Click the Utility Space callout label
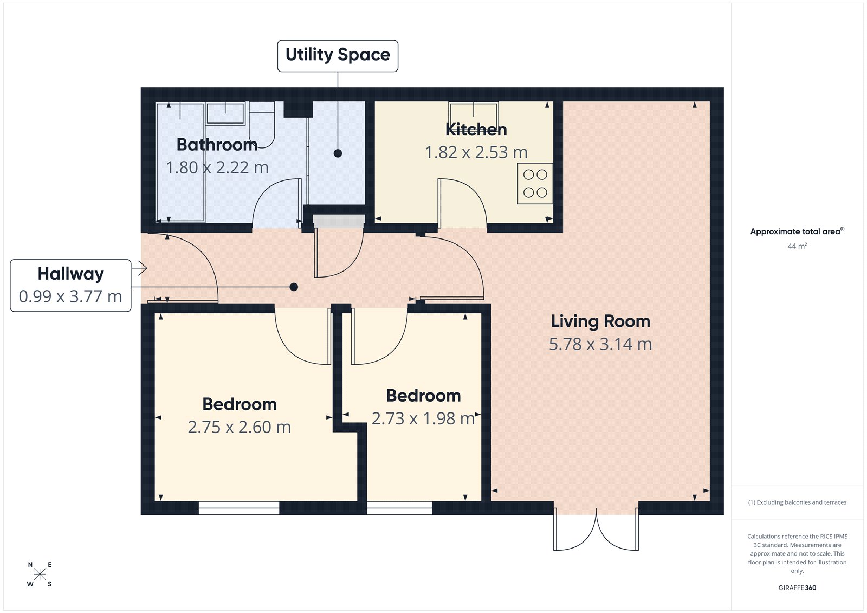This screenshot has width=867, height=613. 338,55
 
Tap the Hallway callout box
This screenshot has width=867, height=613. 70,285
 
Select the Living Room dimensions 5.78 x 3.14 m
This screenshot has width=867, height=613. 600,344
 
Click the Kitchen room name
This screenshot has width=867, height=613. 476,130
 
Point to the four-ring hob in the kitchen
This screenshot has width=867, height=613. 535,184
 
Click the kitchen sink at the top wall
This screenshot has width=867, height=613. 474,113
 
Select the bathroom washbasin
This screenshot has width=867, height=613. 225,113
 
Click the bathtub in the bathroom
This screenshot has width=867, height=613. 180,163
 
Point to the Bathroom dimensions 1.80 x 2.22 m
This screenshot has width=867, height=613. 217,168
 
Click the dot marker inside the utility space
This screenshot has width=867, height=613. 338,153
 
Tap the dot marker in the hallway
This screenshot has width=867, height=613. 294,287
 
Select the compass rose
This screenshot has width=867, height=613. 40,575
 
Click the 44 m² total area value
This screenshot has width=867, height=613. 797,246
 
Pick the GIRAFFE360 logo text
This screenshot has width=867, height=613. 797,588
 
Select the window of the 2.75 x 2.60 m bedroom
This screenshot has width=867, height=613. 239,508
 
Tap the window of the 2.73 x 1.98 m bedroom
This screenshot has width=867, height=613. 399,508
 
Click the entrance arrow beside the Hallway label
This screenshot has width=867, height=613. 140,268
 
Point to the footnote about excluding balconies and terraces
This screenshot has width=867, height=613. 797,502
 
